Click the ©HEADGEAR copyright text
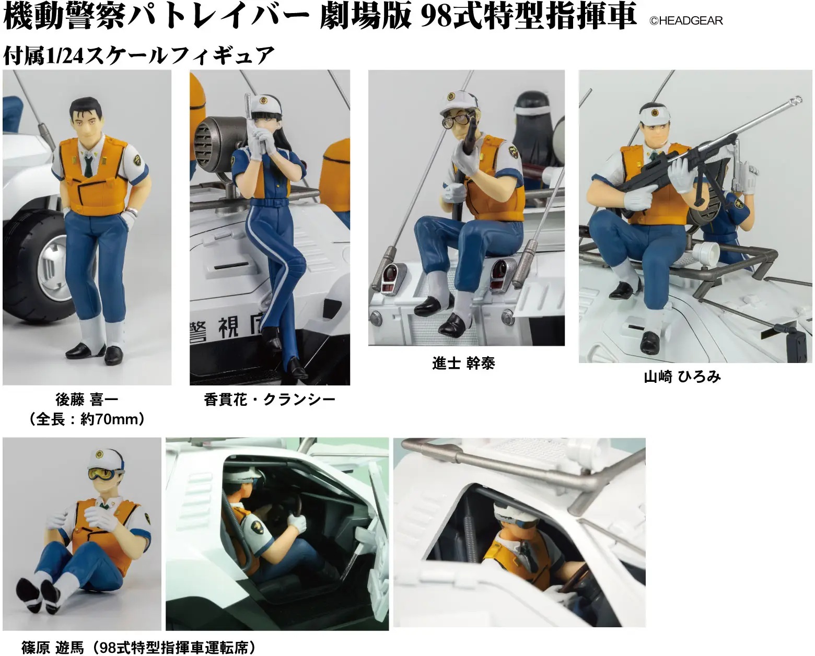[x=685, y=21]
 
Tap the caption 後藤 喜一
[x=87, y=400]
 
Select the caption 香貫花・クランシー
[x=269, y=400]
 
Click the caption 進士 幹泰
[x=463, y=363]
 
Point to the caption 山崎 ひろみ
[x=682, y=377]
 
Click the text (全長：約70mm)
[x=87, y=419]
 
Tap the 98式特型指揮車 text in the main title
[x=528, y=16]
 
